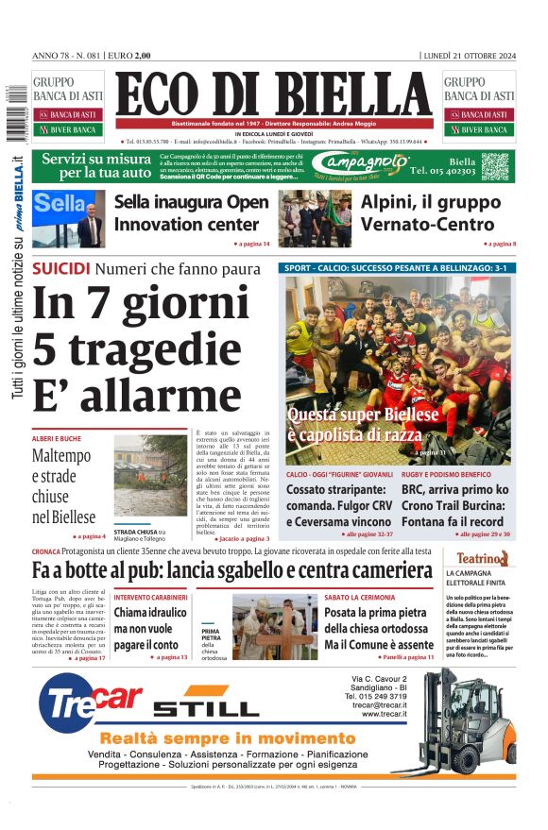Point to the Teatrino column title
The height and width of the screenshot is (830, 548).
[483, 558]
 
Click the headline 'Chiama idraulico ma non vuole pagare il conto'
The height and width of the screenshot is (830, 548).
[150, 627]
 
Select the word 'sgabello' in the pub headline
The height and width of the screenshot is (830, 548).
[253, 570]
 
